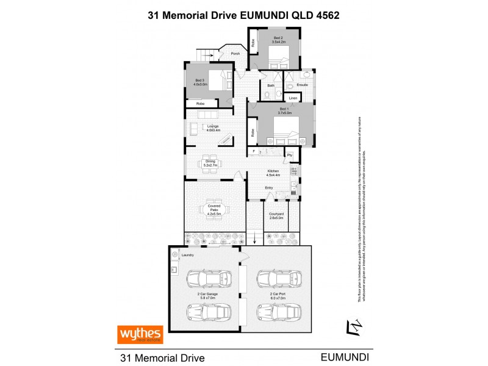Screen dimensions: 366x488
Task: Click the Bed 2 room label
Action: coord(278,40)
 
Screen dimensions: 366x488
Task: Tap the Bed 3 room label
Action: coord(199,82)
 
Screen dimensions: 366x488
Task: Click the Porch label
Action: coord(235,54)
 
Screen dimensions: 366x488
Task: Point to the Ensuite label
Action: coord(302,85)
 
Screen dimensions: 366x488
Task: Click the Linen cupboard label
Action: coord(293,98)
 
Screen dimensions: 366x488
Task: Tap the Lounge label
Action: coord(212,127)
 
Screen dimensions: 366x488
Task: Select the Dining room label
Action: coord(211,163)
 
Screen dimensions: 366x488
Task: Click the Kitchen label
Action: coord(273,173)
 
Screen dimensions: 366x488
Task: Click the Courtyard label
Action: coord(274,215)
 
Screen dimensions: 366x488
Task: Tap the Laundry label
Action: coord(187,254)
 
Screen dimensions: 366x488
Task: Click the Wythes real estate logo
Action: coord(140,334)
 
